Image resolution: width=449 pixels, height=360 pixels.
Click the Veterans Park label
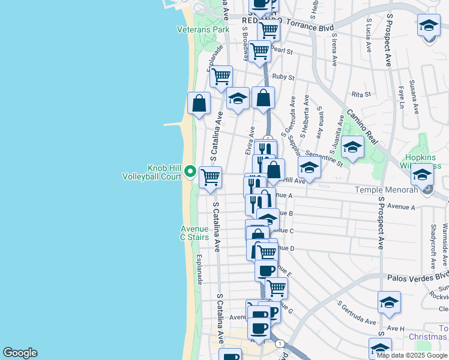(195, 29)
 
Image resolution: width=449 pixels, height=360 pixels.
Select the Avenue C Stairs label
(195, 233)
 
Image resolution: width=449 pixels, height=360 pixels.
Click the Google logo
(20, 353)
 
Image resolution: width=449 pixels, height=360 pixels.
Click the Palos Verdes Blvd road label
(418, 277)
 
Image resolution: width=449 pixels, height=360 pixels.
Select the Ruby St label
(283, 77)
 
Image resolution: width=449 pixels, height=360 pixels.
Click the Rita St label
(361, 94)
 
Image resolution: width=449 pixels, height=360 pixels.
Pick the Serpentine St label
(324, 157)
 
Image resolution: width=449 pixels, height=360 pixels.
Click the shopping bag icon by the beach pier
(199, 103)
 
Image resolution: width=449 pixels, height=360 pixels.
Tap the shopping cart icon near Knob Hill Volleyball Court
(210, 177)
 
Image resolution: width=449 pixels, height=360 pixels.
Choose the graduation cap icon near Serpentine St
(352, 146)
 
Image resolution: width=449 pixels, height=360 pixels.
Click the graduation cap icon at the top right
(429, 26)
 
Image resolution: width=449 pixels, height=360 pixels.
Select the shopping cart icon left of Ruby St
(221, 76)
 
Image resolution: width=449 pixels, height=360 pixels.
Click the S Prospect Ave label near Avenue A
(380, 223)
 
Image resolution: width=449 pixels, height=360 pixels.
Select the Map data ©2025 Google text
(412, 355)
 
